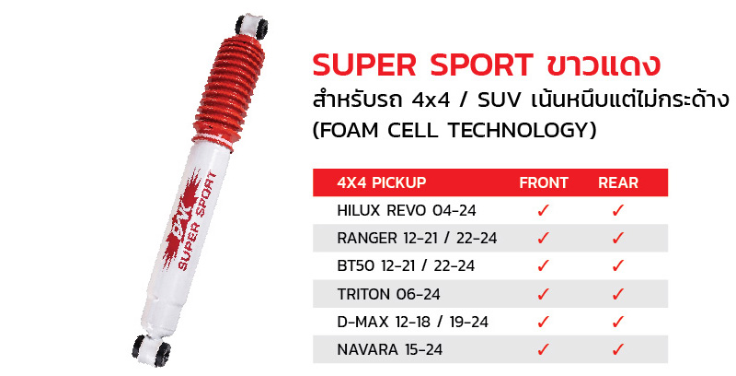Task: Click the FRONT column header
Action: point(544,182)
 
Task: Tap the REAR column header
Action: point(618,182)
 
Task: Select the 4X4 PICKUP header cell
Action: point(383,182)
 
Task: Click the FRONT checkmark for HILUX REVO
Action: point(544,210)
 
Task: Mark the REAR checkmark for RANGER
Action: point(618,238)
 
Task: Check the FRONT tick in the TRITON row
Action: point(544,294)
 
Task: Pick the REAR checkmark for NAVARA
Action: point(618,349)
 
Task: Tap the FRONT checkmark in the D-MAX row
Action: point(544,322)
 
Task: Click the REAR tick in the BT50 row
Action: point(618,265)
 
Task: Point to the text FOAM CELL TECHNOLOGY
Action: point(455,131)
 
